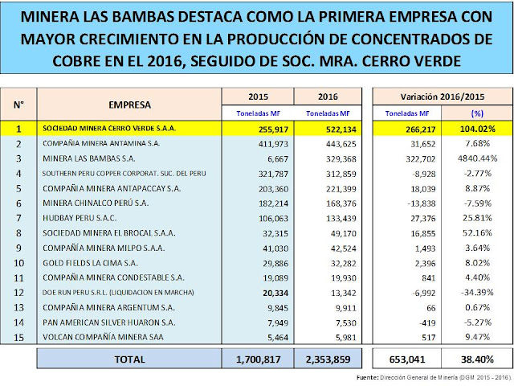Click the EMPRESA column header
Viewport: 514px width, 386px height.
130,105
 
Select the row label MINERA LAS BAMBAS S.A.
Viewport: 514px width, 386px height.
89,158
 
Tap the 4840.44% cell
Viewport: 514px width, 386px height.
477,158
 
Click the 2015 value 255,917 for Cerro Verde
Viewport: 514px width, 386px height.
273,129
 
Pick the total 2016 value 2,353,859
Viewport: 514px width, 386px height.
328,359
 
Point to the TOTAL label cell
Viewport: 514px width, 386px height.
130,359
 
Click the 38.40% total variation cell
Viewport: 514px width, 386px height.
477,359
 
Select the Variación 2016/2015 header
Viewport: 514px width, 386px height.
443,96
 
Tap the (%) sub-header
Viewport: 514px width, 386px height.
477,113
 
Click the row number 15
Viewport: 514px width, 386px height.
18,338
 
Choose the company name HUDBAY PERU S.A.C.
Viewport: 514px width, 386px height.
80,218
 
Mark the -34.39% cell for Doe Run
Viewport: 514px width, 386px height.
477,293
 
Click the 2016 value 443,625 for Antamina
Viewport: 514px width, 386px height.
341,144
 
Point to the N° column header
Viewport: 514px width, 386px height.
18,105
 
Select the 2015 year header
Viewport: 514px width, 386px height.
258,96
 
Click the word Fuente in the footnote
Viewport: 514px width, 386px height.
367,377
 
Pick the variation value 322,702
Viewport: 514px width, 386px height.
421,159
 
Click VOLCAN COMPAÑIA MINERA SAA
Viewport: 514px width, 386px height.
103,337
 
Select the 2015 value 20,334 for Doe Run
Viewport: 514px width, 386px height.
275,293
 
